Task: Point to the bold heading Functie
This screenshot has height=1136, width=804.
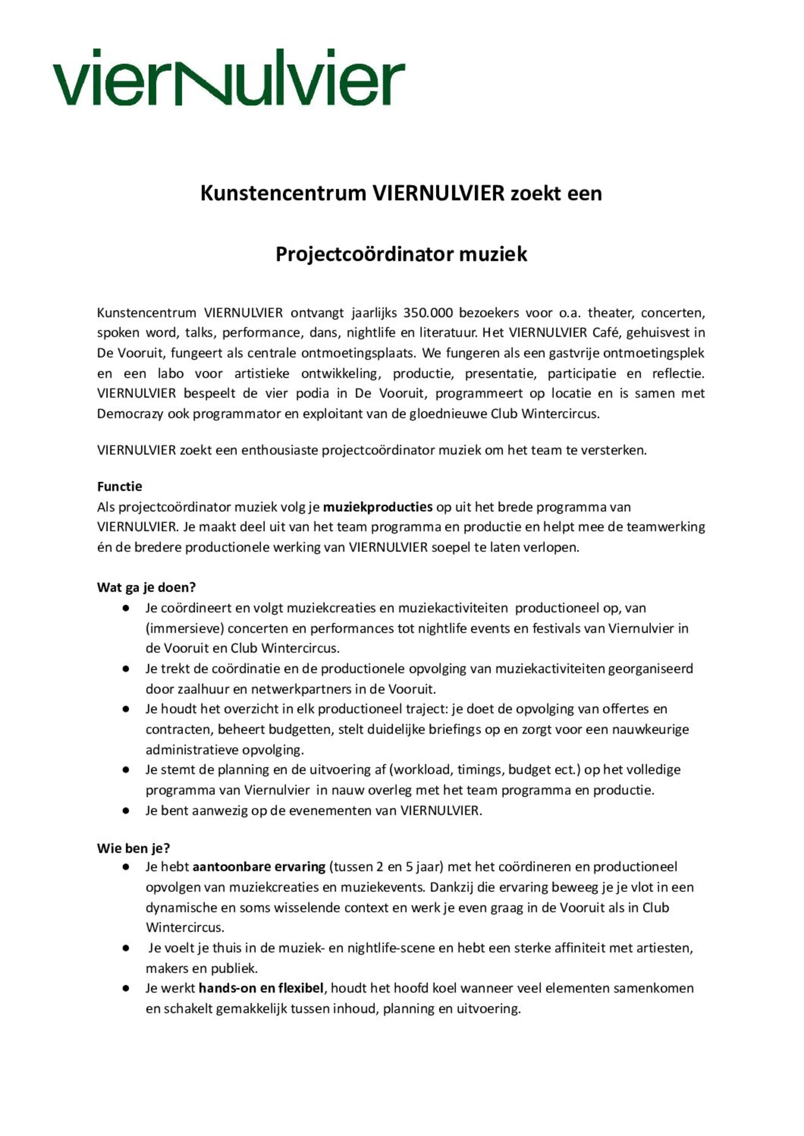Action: tap(119, 486)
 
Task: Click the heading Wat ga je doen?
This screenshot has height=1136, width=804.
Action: tap(147, 588)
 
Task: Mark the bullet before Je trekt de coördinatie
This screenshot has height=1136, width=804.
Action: tap(126, 669)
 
